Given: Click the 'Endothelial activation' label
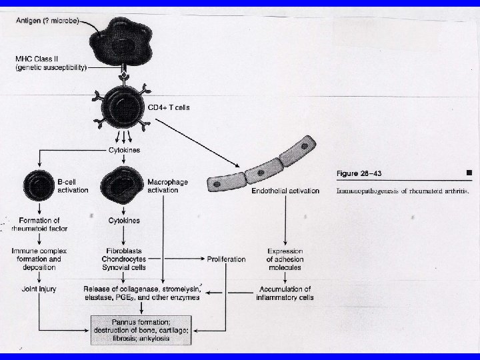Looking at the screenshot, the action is tap(285, 191).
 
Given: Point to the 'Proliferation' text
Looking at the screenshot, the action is tap(227, 259).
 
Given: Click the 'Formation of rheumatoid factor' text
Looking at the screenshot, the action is tap(39, 224).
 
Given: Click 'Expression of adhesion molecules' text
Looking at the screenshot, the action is tap(285, 259).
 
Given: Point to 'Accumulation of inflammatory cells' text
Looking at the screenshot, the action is tap(285, 293).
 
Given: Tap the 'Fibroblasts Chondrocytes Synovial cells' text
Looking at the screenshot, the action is tap(126, 259).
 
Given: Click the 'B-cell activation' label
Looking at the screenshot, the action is tap(73, 185).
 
